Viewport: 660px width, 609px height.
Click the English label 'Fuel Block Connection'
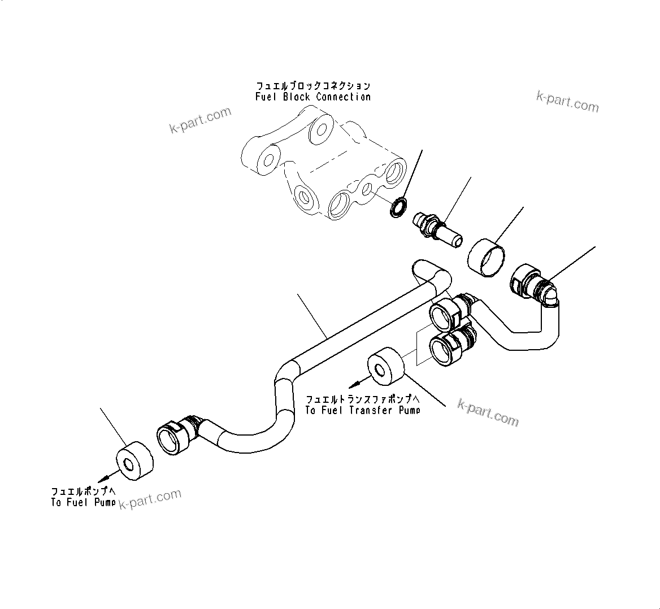tap(313, 97)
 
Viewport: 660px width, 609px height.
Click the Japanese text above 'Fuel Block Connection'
tap(313, 86)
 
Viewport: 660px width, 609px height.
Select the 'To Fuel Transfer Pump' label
tap(362, 410)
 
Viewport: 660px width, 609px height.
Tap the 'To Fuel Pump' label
tap(83, 502)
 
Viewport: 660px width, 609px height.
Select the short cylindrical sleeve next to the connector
tap(486, 256)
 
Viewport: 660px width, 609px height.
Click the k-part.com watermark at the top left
tap(201, 120)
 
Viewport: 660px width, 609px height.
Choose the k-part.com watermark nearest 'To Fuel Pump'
tap(150, 499)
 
